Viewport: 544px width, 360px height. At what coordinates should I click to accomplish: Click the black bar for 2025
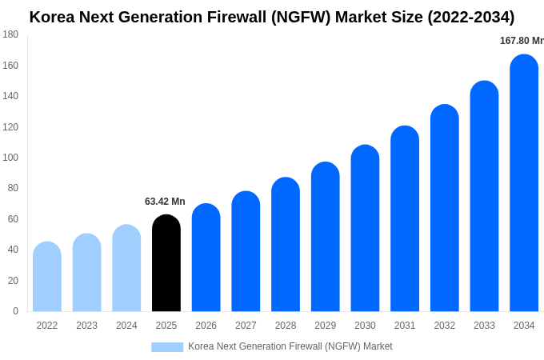pyautogui.click(x=166, y=263)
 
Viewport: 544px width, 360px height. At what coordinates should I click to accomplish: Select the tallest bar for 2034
pyautogui.click(x=524, y=183)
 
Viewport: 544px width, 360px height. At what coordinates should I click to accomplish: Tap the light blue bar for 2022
pyautogui.click(x=47, y=277)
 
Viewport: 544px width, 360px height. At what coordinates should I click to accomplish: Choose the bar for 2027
pyautogui.click(x=246, y=251)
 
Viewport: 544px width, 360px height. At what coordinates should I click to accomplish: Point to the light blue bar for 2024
pyautogui.click(x=126, y=268)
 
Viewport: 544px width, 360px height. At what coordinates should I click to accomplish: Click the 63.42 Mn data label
pyautogui.click(x=165, y=202)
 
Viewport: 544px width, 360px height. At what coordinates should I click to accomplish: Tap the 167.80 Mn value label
pyautogui.click(x=521, y=41)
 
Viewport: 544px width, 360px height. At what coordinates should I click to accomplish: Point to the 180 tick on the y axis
pyautogui.click(x=10, y=34)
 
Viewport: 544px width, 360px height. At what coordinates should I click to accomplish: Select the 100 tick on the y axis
pyautogui.click(x=10, y=158)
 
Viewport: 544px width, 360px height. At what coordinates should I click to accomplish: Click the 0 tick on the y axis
pyautogui.click(x=15, y=311)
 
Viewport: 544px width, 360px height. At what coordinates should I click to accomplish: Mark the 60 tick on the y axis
pyautogui.click(x=13, y=219)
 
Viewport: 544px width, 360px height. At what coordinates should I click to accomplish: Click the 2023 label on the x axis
pyautogui.click(x=86, y=326)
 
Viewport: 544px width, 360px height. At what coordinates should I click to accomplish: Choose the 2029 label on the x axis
pyautogui.click(x=325, y=326)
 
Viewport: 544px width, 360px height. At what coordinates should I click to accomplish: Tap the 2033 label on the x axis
pyautogui.click(x=484, y=326)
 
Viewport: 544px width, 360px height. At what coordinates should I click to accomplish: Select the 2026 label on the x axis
pyautogui.click(x=206, y=326)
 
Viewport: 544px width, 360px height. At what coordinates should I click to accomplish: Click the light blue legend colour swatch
pyautogui.click(x=167, y=346)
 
